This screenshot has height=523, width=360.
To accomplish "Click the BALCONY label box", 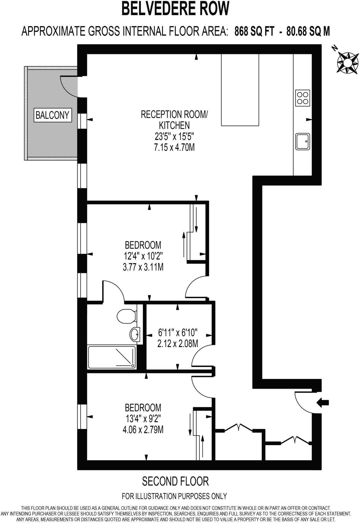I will click(x=53, y=115).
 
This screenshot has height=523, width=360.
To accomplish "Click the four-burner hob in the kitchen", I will click(x=303, y=98).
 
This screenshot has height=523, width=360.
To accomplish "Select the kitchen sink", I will click(x=303, y=141).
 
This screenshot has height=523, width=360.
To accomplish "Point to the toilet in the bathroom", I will click(x=126, y=316).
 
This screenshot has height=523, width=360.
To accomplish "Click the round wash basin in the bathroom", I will click(x=135, y=334).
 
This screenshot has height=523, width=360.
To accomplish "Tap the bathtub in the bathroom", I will click(x=112, y=357).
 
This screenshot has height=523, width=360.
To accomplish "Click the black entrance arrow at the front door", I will click(x=323, y=403).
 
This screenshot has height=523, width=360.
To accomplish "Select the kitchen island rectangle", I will click(x=240, y=90).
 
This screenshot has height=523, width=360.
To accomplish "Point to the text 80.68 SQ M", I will click(x=308, y=32).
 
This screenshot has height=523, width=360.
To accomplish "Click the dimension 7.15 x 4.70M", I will click(x=174, y=147).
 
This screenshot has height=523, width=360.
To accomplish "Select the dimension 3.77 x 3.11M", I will click(x=143, y=267).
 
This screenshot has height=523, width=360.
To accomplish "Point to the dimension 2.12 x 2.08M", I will click(x=178, y=344).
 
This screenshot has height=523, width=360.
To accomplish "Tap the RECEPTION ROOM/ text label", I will click(x=174, y=114).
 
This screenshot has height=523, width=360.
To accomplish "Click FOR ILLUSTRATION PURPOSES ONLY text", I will click(x=174, y=496).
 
